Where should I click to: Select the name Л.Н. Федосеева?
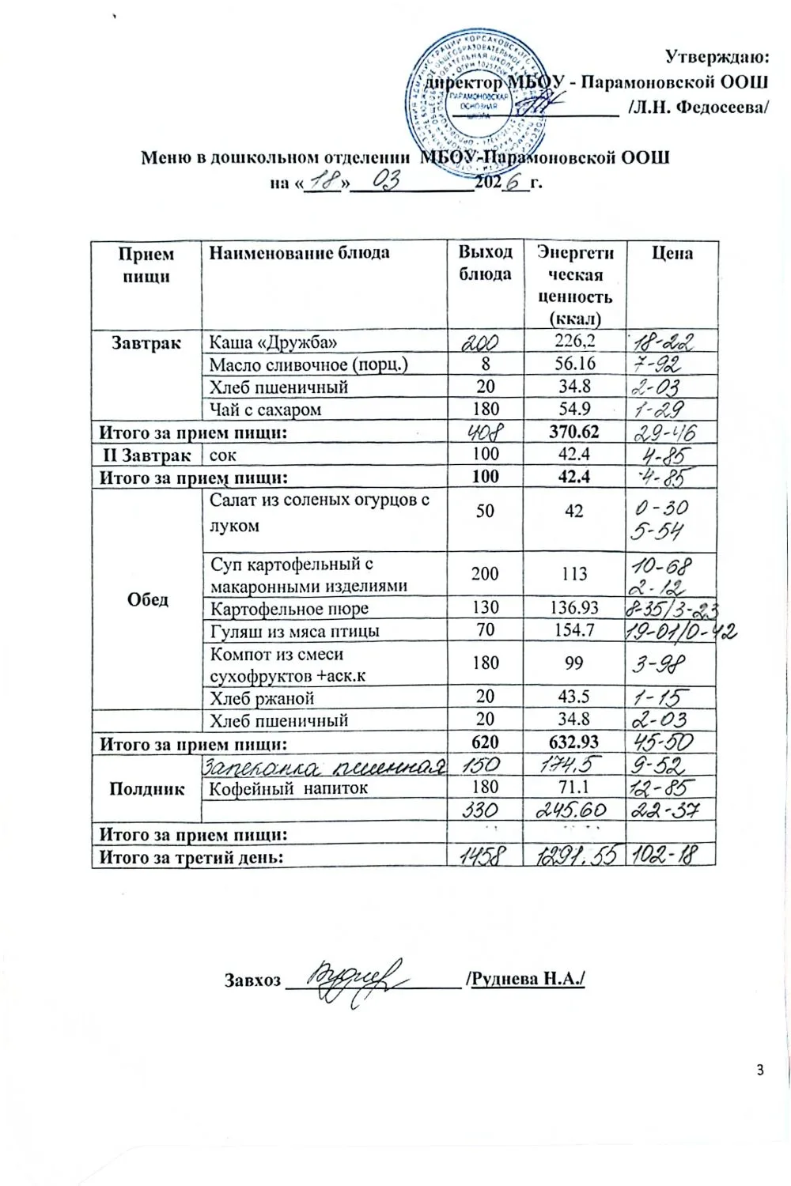[697, 107]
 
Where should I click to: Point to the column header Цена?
[672, 253]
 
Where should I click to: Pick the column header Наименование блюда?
[298, 253]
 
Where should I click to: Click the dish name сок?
[223, 455]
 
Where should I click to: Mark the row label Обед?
[147, 599]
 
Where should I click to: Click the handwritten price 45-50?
[665, 742]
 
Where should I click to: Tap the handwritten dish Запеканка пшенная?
[324, 766]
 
